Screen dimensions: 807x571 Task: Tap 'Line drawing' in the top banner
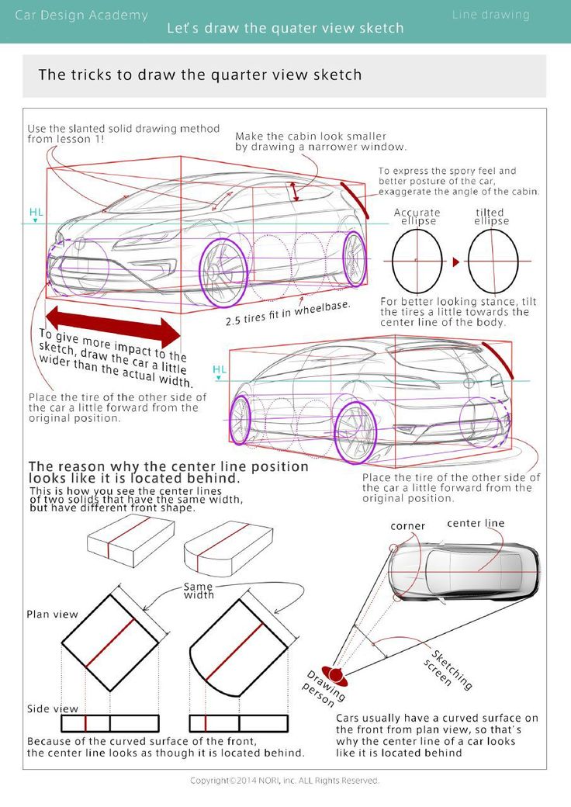[x=490, y=15]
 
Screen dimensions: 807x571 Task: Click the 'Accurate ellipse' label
[x=417, y=216]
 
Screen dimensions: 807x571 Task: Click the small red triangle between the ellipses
[x=456, y=261]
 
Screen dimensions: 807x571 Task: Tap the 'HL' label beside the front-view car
[x=36, y=212]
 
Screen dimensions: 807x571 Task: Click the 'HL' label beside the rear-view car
[x=220, y=369]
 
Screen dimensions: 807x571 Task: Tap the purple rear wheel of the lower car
[x=355, y=433]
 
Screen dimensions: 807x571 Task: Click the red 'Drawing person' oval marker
[x=335, y=675]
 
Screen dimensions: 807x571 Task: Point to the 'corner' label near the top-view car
[x=407, y=526]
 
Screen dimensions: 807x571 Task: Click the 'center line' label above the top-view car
[x=476, y=524]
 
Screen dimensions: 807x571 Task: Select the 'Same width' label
[x=199, y=591]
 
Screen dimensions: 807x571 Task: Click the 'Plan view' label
[x=53, y=614]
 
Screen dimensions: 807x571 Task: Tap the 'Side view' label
[x=53, y=708]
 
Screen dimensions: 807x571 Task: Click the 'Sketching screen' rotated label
[x=449, y=668]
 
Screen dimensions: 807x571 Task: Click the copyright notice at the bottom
[x=285, y=780]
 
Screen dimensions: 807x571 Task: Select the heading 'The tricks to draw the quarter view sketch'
[x=200, y=75]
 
